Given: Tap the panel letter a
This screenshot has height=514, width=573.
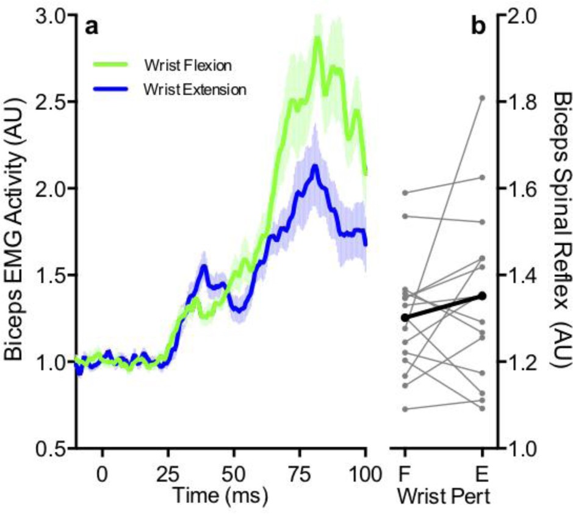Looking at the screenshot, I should click(x=91, y=27).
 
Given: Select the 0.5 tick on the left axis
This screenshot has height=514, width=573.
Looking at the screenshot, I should click(x=49, y=448).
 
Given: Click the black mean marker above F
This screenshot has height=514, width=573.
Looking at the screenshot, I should click(x=405, y=317).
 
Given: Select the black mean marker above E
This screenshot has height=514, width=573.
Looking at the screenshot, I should click(x=482, y=296).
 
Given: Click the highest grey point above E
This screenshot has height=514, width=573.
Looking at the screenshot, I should click(x=482, y=98).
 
